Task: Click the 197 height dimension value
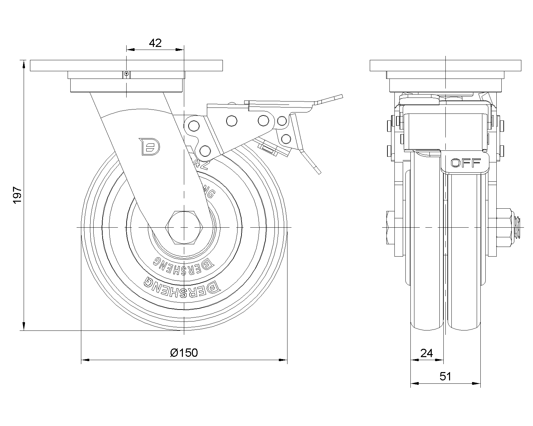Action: (17, 195)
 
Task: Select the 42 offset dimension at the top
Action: (155, 43)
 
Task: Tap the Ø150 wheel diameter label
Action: (184, 352)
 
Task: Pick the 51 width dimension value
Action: (445, 376)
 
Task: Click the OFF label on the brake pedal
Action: (465, 163)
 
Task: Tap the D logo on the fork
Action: (150, 146)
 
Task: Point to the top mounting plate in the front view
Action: (445, 66)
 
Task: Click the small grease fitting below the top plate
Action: (126, 74)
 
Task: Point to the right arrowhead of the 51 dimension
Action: (477, 384)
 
